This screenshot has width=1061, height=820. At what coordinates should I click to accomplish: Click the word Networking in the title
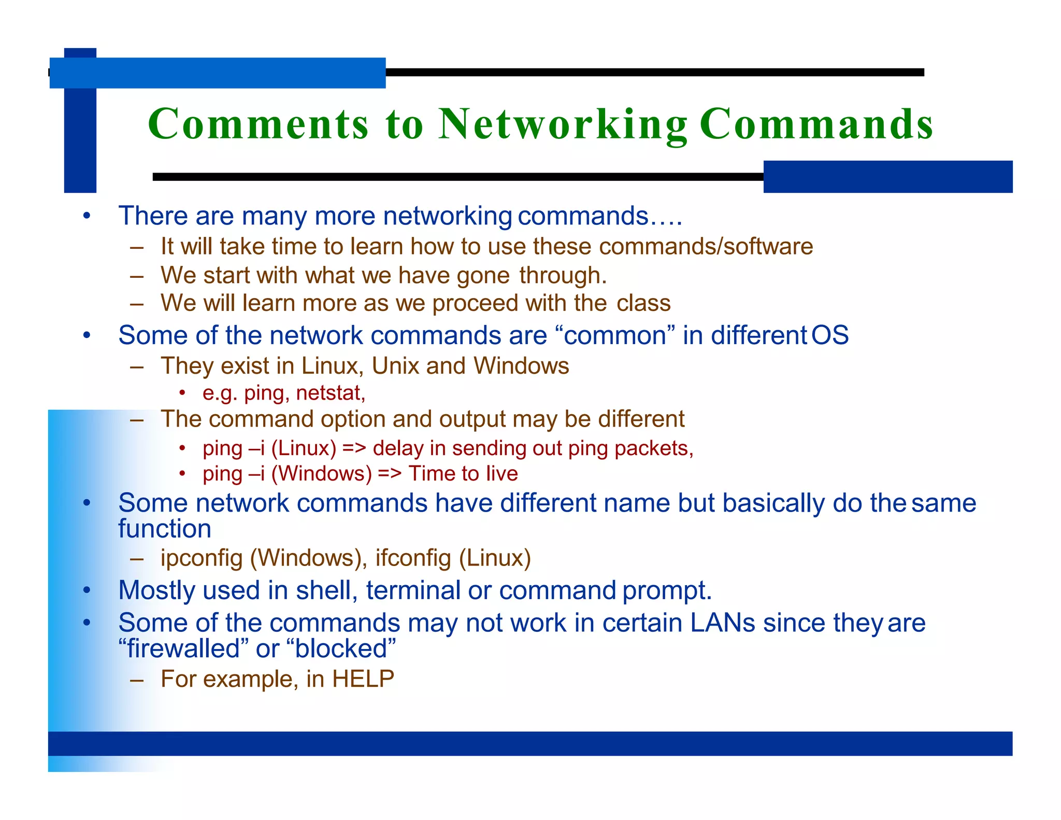pyautogui.click(x=563, y=124)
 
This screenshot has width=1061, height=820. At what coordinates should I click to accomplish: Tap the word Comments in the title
pyautogui.click(x=258, y=124)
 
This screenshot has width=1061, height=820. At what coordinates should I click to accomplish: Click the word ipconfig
pyautogui.click(x=202, y=558)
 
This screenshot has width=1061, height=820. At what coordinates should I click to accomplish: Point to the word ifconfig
pyautogui.click(x=413, y=558)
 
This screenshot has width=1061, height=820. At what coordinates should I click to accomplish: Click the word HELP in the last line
pyautogui.click(x=363, y=679)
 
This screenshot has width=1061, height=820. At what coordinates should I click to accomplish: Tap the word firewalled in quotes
pyautogui.click(x=184, y=648)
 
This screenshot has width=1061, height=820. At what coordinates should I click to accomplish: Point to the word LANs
pyautogui.click(x=722, y=623)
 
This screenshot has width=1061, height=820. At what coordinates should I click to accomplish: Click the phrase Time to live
pyautogui.click(x=463, y=474)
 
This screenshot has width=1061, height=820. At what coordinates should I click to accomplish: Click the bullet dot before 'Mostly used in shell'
pyautogui.click(x=87, y=590)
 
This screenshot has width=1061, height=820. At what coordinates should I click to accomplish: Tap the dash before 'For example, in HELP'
pyautogui.click(x=137, y=680)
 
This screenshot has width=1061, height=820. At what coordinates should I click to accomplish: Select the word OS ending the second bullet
pyautogui.click(x=830, y=335)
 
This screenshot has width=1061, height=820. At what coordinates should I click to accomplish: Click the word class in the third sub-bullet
pyautogui.click(x=643, y=303)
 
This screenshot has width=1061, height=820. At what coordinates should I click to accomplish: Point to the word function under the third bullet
pyautogui.click(x=165, y=529)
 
